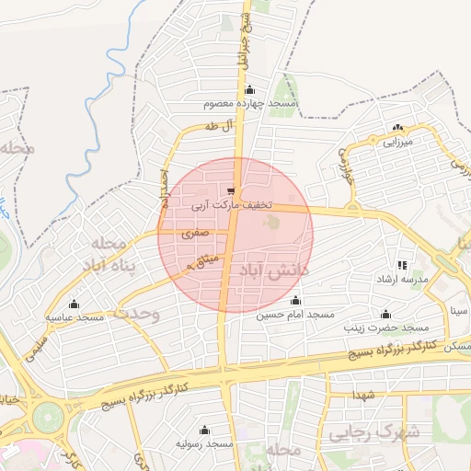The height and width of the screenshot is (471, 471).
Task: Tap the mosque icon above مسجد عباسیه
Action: click(x=75, y=304)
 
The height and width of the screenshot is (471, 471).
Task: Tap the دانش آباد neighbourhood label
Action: click(x=275, y=270)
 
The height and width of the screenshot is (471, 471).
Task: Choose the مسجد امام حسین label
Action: click(x=295, y=315)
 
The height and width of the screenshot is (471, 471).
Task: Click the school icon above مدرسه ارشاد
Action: click(x=401, y=265)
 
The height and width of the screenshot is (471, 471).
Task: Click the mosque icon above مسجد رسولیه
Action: click(x=204, y=430)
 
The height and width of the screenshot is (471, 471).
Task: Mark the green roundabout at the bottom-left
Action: click(x=45, y=419)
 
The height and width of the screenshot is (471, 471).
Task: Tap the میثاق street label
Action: click(x=203, y=261)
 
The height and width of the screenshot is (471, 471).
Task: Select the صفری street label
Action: click(x=195, y=235)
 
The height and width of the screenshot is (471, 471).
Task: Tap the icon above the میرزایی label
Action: click(x=398, y=128)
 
